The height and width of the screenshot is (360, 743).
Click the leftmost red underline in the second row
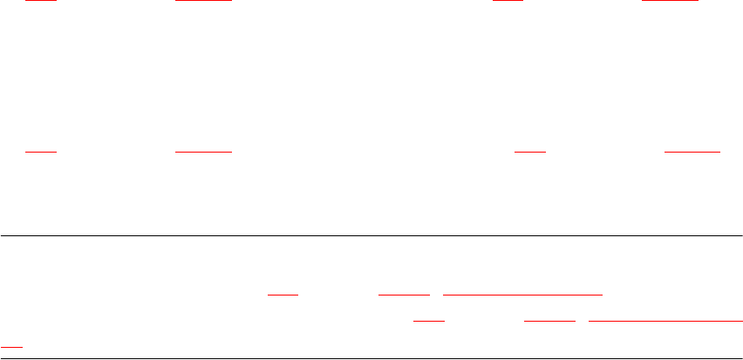(40, 153)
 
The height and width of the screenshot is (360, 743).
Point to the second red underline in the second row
(203, 153)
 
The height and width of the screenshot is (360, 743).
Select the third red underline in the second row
(529, 153)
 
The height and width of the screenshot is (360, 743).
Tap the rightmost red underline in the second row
(692, 153)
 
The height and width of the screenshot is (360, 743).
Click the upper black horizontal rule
(371, 236)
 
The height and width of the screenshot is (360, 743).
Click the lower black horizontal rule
(371, 358)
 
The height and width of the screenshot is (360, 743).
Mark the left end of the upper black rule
(2, 236)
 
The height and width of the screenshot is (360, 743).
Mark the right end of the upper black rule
(740, 236)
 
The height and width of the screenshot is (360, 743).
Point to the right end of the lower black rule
(740, 358)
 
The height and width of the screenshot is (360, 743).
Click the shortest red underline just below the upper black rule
(283, 295)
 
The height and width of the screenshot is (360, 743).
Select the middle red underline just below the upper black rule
(404, 295)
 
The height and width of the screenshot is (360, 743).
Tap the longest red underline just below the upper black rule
(523, 295)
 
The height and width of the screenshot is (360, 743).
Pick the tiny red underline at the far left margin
(11, 346)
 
